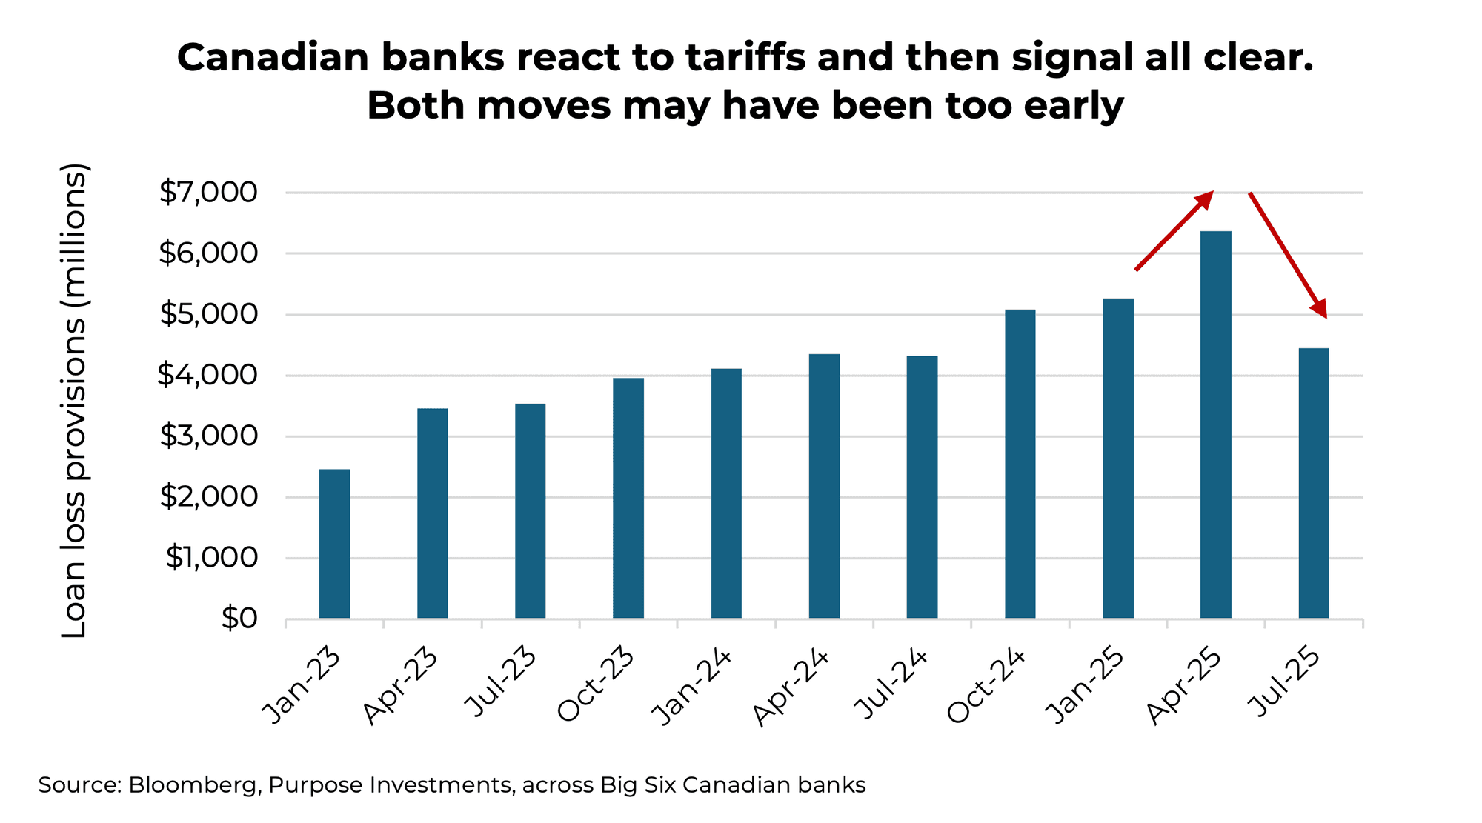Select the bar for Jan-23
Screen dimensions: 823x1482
click(334, 544)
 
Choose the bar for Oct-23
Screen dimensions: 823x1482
click(628, 498)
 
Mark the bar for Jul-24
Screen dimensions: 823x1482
click(922, 487)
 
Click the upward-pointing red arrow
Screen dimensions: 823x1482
click(1174, 230)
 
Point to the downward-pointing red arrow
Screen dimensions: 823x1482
click(1288, 254)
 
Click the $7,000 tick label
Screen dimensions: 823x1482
click(208, 193)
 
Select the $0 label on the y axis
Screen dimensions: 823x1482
click(239, 618)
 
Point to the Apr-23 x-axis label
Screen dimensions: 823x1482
click(401, 687)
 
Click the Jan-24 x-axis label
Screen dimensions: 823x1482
click(692, 687)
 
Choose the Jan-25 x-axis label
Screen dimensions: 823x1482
click(1085, 687)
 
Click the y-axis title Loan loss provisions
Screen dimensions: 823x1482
click(74, 400)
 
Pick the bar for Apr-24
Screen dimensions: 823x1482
click(824, 486)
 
